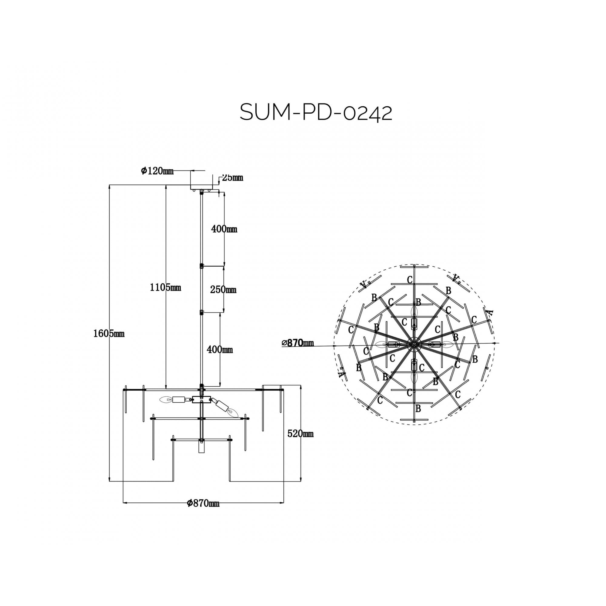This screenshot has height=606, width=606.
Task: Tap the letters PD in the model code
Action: (315, 113)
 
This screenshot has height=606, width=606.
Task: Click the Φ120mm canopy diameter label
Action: (157, 171)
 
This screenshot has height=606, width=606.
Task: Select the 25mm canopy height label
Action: (232, 178)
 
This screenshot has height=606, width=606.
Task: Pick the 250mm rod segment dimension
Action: (223, 289)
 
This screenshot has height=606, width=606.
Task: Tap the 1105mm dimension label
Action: (165, 287)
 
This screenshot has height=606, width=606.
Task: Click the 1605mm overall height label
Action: (109, 334)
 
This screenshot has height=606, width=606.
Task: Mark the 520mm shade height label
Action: (300, 434)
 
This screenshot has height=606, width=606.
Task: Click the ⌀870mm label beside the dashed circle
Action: (298, 343)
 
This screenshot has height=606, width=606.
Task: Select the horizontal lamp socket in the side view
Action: (179, 400)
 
